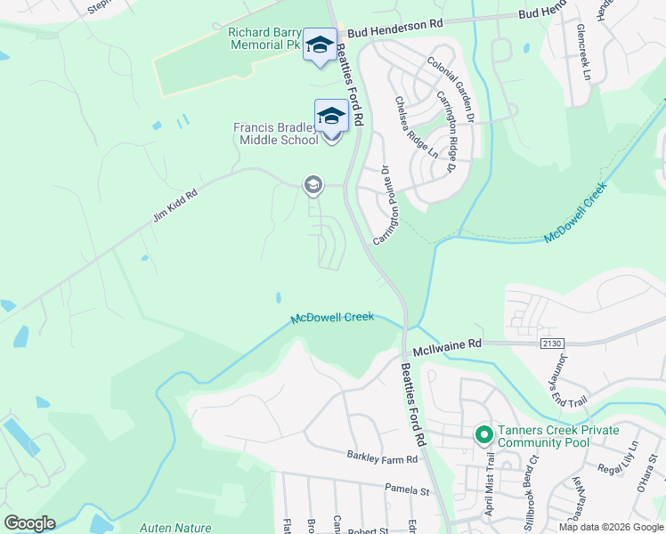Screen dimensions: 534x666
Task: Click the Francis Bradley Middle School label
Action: point(275,133)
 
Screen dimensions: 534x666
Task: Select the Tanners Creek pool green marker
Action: point(483,435)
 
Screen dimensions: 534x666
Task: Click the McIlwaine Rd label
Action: point(449,342)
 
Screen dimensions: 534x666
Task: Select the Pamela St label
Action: point(407,489)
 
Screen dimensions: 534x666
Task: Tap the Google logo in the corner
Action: point(29,523)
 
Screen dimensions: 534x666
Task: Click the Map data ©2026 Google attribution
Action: point(611,527)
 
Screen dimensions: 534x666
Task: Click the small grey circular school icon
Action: point(313,185)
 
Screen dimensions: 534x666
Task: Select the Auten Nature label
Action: point(175,528)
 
